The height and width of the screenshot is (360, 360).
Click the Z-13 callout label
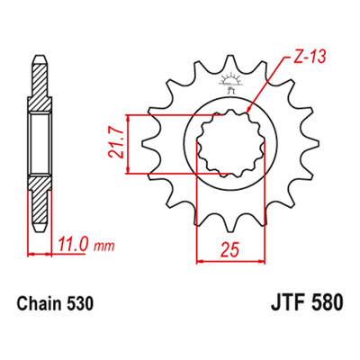(309, 57)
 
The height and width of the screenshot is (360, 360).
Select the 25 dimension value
(230, 250)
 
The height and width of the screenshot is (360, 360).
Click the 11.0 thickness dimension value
(73, 244)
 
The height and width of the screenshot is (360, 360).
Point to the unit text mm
(104, 247)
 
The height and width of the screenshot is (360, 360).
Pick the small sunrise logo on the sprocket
(230, 83)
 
